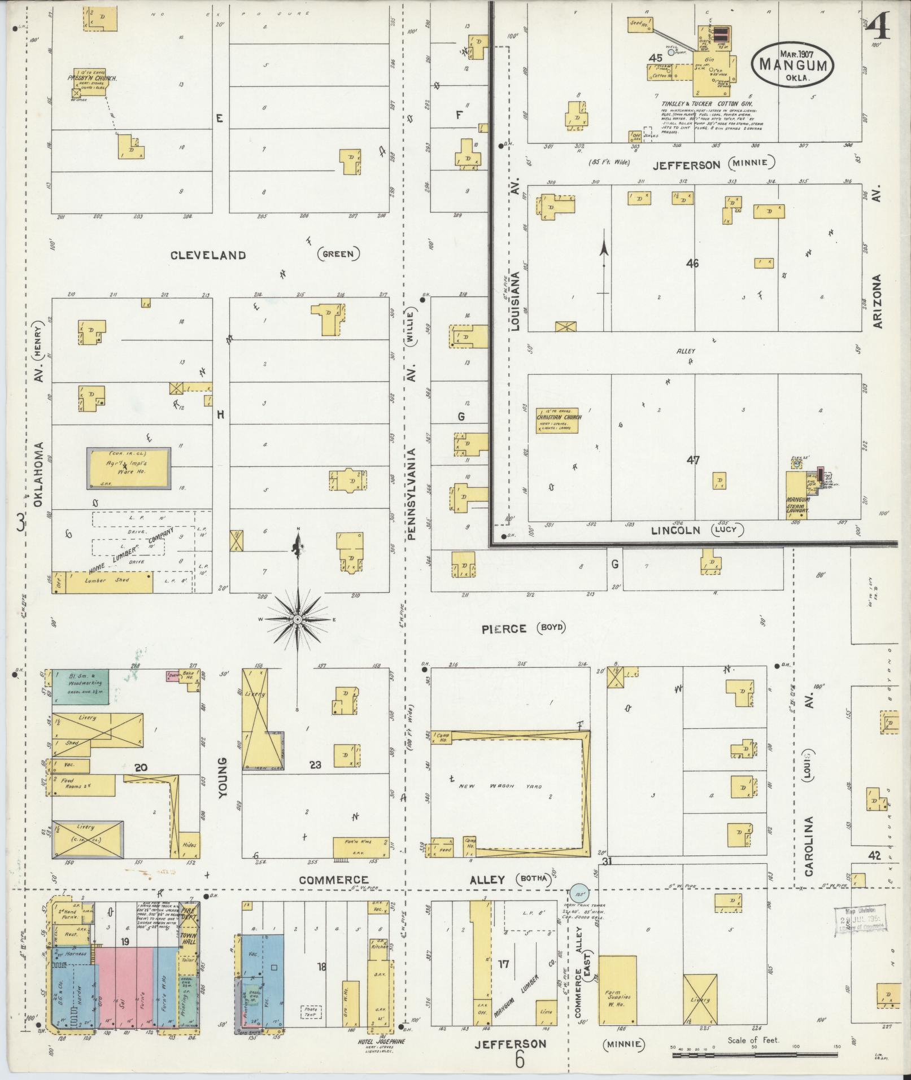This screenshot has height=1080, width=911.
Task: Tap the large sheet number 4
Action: [877, 27]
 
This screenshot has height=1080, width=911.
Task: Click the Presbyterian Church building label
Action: [93, 79]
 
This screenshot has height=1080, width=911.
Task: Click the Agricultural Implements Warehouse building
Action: [128, 468]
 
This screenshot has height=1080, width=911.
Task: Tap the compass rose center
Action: [297, 620]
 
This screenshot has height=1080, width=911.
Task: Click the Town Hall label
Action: [189, 934]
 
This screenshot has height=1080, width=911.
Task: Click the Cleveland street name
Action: [209, 255]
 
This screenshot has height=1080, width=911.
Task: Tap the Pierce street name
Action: [504, 629]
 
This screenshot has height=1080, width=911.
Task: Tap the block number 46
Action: [692, 263]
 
